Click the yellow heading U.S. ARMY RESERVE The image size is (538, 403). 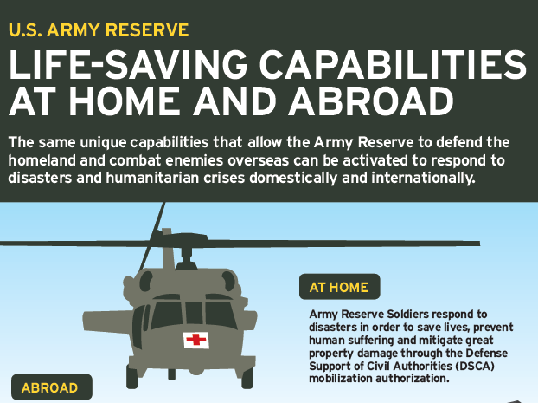(99, 30)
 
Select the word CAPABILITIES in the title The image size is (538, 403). (393, 65)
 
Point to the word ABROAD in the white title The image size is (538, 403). (371, 101)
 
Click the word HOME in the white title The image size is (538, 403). (125, 101)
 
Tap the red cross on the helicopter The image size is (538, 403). (196, 340)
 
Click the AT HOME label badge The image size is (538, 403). (339, 287)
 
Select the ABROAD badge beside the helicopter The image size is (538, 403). (52, 387)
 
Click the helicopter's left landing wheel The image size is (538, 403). (131, 377)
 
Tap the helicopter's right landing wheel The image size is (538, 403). (247, 377)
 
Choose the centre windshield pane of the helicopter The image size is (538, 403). (195, 313)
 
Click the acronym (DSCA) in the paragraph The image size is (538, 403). (475, 366)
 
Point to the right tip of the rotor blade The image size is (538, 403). (479, 244)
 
